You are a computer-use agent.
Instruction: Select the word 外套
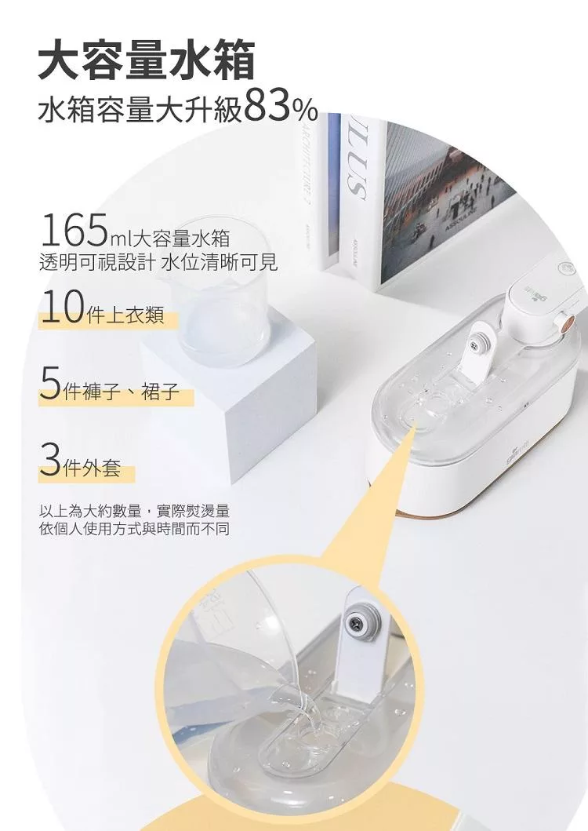(101, 468)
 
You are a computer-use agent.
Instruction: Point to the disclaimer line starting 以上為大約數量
(134, 512)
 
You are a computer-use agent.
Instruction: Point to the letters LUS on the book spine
(353, 169)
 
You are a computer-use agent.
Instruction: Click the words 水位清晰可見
(219, 262)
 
